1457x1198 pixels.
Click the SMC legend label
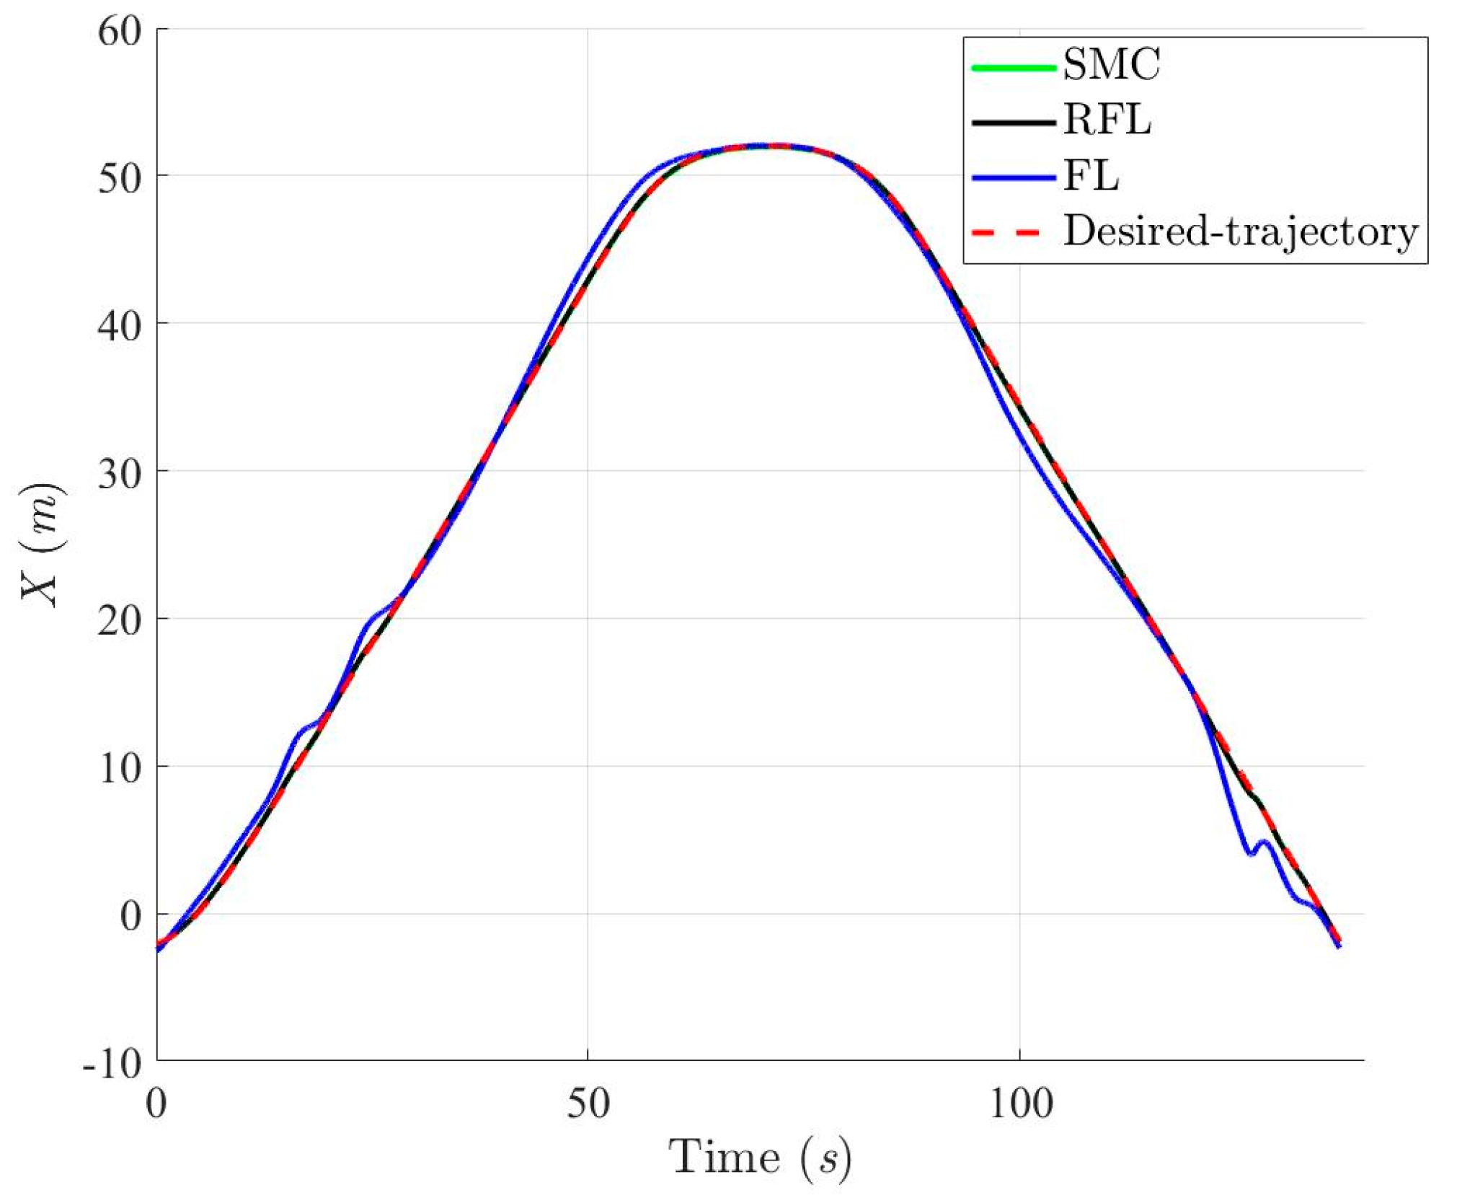(x=1111, y=65)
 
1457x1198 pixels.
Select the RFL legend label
(x=1107, y=120)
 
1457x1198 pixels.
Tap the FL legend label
(x=1091, y=176)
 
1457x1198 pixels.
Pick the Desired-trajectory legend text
(x=1241, y=232)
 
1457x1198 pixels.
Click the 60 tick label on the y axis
(x=120, y=32)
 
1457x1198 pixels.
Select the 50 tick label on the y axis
(x=120, y=177)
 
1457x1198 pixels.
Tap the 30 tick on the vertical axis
(x=120, y=473)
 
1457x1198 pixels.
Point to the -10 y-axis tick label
(x=112, y=1064)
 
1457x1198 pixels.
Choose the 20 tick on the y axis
(x=120, y=621)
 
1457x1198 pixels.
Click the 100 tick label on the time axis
(x=1020, y=1104)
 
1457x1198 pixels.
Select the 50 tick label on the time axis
(x=588, y=1104)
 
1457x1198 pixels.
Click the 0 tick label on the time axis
(x=156, y=1104)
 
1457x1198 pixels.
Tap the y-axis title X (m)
(x=42, y=545)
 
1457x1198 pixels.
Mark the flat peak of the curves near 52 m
(x=768, y=146)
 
